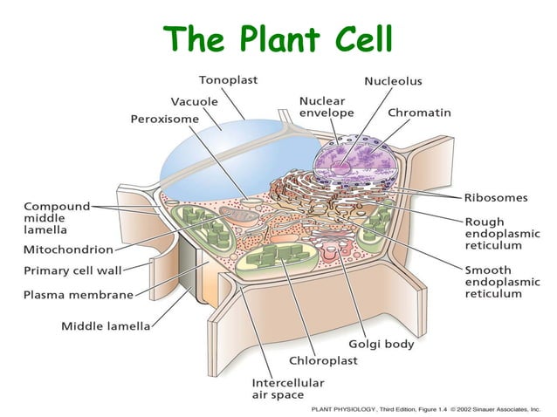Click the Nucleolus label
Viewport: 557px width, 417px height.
click(x=393, y=81)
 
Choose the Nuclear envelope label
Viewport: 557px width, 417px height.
click(x=327, y=107)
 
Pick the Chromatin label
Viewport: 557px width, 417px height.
click(x=419, y=113)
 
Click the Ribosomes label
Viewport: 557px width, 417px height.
click(x=495, y=197)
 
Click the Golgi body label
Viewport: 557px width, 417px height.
click(x=382, y=344)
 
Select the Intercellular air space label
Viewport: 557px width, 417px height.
click(x=287, y=389)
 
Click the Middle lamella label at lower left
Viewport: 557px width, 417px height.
click(x=105, y=326)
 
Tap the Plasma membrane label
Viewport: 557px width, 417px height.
click(x=78, y=294)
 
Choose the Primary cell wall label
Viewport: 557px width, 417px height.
click(x=72, y=270)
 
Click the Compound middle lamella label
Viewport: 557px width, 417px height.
click(x=57, y=216)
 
